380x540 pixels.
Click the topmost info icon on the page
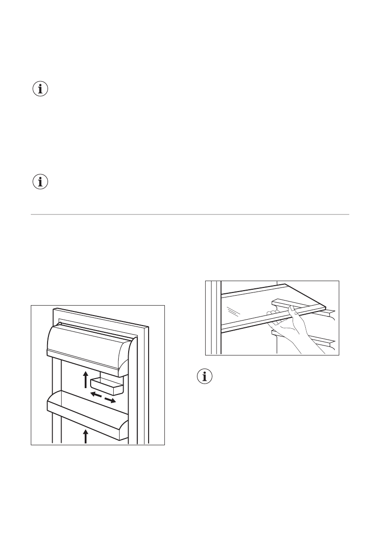pos(41,89)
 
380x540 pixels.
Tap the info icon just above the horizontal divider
pos(41,182)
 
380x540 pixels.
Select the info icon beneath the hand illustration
pos(206,376)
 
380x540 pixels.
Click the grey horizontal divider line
pos(190,214)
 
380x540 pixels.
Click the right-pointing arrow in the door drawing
pos(110,400)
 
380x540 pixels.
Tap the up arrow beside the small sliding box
pos(85,379)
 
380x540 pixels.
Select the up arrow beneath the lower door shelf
pos(86,437)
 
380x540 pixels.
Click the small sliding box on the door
pos(107,387)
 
